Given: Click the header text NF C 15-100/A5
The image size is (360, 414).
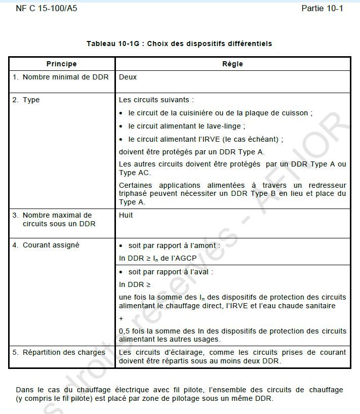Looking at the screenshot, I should [47, 9].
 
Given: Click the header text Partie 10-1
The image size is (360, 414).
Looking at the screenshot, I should [322, 9].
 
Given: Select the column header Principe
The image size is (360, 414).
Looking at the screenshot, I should [62, 64].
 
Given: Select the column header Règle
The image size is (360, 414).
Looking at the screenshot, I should [232, 64].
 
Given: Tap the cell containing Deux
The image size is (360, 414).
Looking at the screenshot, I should [128, 77].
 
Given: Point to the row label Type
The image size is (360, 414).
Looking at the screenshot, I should [31, 100].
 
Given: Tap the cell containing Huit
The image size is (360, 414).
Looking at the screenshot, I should [126, 215].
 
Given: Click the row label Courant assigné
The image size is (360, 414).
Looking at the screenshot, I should [51, 245].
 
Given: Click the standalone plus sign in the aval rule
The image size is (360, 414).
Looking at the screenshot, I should [121, 319].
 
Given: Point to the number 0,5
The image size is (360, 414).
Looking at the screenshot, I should [125, 331].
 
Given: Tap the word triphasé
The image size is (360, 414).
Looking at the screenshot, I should [133, 193].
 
